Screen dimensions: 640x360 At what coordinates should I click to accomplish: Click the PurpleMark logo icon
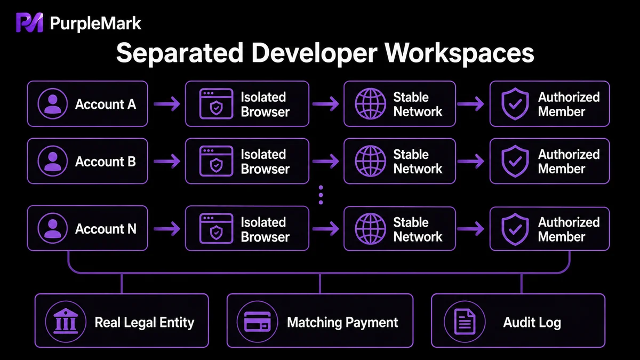point(29,22)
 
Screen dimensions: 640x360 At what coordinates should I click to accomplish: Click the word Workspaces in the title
point(459,53)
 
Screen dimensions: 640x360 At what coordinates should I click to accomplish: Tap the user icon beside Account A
point(53,103)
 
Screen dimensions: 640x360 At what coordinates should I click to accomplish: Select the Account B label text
point(106,162)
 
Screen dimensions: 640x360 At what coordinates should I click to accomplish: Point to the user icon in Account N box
point(53,228)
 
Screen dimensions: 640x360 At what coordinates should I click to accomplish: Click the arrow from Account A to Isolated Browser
point(167,103)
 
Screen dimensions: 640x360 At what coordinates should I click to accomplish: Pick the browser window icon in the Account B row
point(217,161)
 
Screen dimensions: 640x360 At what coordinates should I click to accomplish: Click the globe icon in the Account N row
point(370,229)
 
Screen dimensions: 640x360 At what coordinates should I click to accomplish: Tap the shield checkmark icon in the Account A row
point(515,103)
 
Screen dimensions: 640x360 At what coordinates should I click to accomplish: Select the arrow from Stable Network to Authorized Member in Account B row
point(470,162)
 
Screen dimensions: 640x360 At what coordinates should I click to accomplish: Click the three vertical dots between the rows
point(321,195)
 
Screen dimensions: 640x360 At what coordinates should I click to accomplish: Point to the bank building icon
point(66,321)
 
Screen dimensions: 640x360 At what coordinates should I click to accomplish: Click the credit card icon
point(257,322)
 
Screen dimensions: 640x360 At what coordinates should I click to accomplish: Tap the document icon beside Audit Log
point(465,322)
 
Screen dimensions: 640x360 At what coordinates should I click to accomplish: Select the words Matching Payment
point(342,322)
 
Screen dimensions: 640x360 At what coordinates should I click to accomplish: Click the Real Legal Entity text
point(145,322)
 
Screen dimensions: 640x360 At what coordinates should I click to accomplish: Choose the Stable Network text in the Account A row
point(418,105)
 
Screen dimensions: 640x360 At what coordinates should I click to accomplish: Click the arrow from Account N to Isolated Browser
point(167,229)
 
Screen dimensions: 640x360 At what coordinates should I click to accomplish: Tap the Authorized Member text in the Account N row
point(569,229)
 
